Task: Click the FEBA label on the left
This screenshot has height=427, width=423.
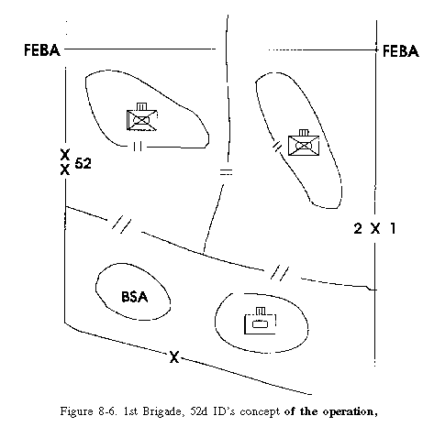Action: point(42,50)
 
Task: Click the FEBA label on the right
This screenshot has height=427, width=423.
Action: point(401,51)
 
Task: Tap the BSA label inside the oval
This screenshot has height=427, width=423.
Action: point(135,297)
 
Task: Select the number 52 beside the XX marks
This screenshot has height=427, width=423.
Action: point(83,164)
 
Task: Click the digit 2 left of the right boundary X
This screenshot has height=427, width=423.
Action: point(358,228)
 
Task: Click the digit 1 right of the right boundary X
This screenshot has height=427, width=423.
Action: point(393,228)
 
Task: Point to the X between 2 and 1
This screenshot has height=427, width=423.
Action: point(375,228)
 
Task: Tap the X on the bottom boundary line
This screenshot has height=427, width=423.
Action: point(174,356)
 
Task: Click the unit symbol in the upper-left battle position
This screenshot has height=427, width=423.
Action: point(141,116)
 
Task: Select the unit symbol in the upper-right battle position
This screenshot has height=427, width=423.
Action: point(304,143)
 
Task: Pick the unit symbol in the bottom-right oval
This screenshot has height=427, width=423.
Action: point(260,321)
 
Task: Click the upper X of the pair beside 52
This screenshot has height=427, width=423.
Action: point(65,155)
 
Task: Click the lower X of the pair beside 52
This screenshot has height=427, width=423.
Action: point(65,170)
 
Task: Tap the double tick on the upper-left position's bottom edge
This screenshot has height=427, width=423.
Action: point(138,147)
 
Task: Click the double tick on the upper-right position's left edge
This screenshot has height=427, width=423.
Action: point(277,146)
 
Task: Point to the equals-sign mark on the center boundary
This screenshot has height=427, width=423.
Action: point(226,171)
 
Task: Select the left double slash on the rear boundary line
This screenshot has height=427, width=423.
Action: point(121,224)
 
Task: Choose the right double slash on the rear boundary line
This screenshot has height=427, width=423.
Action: point(280,272)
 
